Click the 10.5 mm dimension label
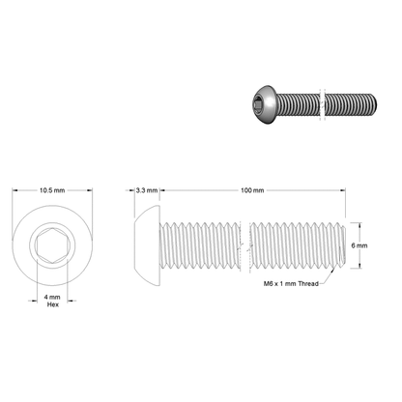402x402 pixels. pos(52,190)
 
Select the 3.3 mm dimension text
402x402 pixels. pos(146,190)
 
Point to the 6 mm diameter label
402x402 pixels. pos(359,245)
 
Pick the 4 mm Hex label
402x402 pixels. pos(53,299)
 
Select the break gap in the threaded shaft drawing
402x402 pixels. pos(244,245)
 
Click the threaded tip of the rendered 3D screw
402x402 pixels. pos(372,105)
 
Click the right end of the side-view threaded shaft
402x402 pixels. pos(339,245)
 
